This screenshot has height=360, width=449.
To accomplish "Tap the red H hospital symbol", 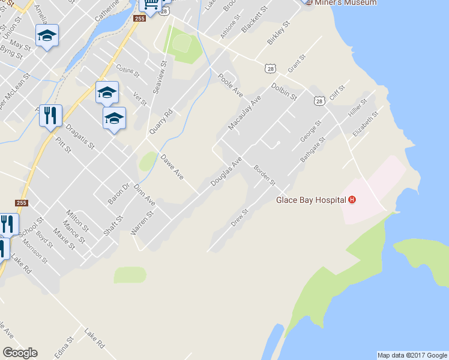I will [352, 200].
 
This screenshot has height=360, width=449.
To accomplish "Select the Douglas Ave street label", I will [226, 172].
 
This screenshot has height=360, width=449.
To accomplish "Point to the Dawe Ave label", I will [172, 167].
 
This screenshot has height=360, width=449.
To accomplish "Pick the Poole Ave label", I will [230, 85].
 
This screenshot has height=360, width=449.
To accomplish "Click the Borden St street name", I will [264, 175].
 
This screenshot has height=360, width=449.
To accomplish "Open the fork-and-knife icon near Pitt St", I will [50, 115].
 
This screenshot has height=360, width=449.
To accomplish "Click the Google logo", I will [20, 353].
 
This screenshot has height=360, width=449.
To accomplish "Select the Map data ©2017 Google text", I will [412, 355].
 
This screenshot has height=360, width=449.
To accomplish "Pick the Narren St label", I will [142, 223].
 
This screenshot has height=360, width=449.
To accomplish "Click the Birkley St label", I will [279, 33].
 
